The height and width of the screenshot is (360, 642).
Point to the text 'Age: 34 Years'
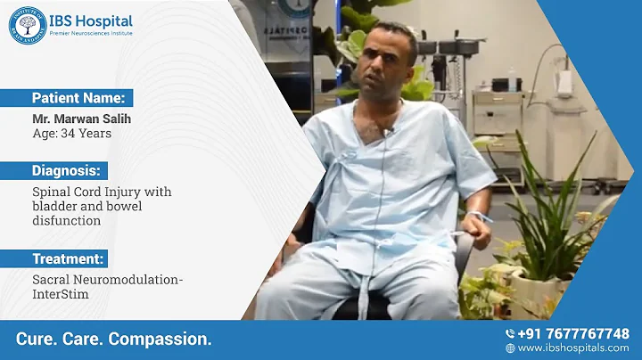[x=67, y=134]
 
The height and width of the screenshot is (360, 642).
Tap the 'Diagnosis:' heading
[x=66, y=170]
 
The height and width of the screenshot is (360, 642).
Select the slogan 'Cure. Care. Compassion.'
[x=114, y=340]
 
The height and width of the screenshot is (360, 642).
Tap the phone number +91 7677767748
[x=573, y=333]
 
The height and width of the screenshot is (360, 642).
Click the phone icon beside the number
[x=509, y=333]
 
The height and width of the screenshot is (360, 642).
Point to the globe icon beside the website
[x=510, y=348]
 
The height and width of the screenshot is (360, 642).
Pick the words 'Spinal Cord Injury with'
[x=102, y=192]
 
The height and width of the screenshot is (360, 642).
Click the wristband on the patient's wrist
[x=476, y=215]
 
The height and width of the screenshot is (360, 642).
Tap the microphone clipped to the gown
[x=388, y=133]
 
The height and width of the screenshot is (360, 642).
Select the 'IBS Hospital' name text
[x=93, y=20]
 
